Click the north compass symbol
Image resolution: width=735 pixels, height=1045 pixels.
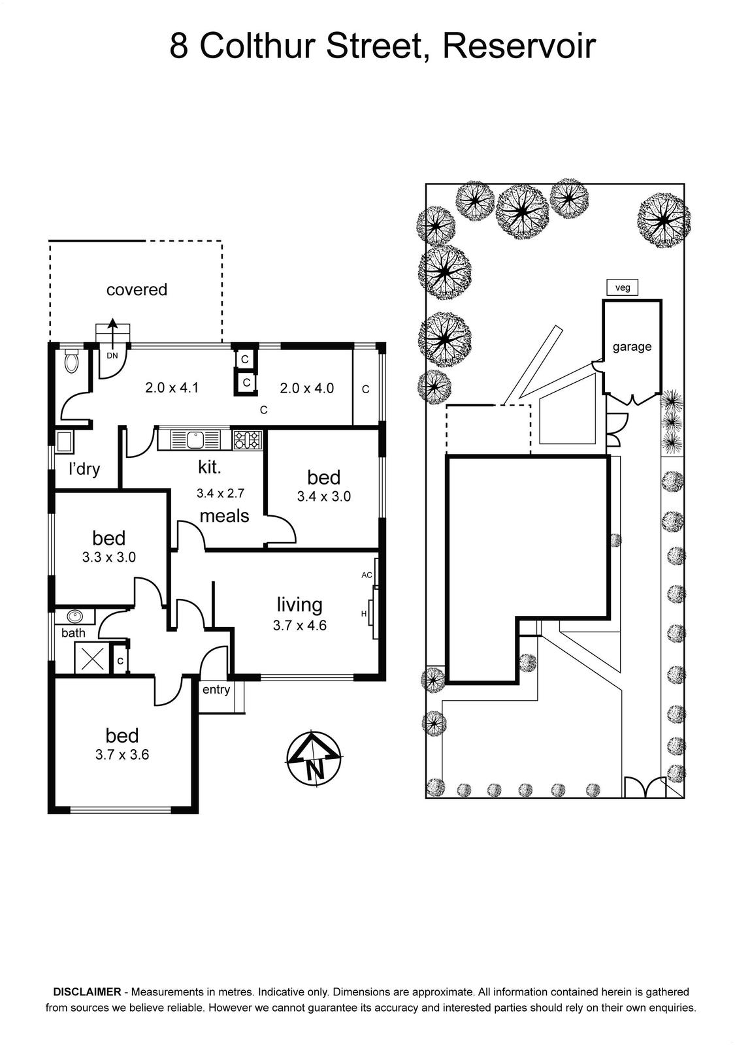pyautogui.click(x=313, y=759)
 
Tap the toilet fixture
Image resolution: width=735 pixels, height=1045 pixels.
pyautogui.click(x=71, y=360)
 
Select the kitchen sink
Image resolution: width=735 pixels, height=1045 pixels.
pyautogui.click(x=194, y=440)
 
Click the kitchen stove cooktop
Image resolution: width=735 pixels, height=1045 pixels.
pyautogui.click(x=248, y=440)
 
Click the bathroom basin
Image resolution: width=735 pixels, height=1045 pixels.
pyautogui.click(x=74, y=616)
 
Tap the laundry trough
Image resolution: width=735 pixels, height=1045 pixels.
pyautogui.click(x=64, y=442)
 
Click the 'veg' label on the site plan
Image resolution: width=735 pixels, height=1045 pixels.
pyautogui.click(x=622, y=287)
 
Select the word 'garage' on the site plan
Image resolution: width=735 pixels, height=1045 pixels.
pyautogui.click(x=632, y=347)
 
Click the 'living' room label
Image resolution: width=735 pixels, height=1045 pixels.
pyautogui.click(x=300, y=605)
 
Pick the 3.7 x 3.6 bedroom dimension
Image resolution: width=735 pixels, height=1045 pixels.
pyautogui.click(x=122, y=754)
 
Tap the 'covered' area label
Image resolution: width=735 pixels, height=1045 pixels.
pyautogui.click(x=137, y=290)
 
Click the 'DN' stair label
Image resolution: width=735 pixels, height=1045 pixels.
pyautogui.click(x=112, y=355)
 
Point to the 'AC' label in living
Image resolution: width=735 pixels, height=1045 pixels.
pyautogui.click(x=367, y=575)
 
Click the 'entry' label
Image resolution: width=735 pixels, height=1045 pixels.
pyautogui.click(x=216, y=690)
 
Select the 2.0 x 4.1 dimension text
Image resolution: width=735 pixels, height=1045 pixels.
pyautogui.click(x=172, y=388)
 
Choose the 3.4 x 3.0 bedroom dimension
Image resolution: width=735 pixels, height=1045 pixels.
pyautogui.click(x=324, y=496)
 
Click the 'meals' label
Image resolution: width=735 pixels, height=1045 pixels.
pyautogui.click(x=225, y=516)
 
